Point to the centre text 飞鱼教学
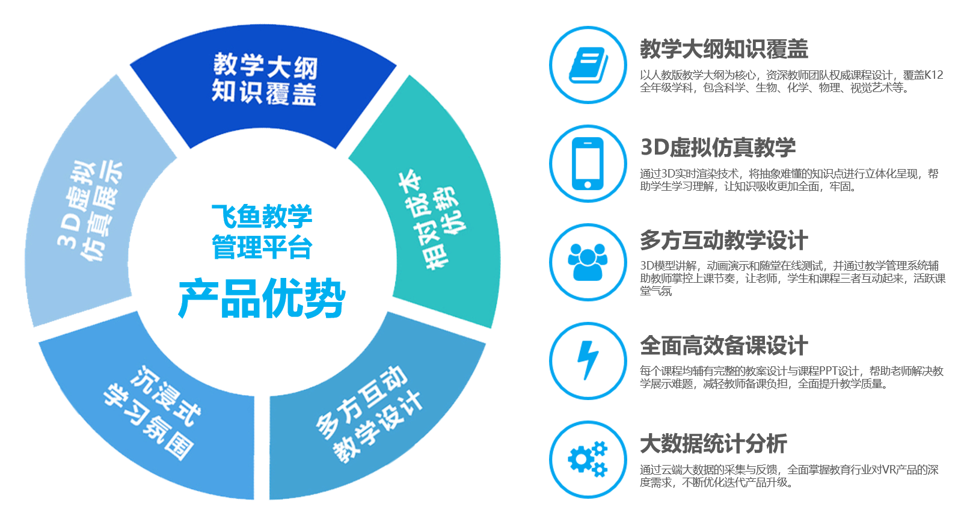[x=262, y=216]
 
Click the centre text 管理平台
[x=262, y=247]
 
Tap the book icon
[x=588, y=65]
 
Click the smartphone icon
[x=588, y=164]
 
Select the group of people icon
[x=588, y=262]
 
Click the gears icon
[x=588, y=459]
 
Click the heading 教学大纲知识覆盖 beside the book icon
[x=724, y=49]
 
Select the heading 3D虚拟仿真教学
[x=718, y=147]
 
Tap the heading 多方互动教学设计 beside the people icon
[x=724, y=240]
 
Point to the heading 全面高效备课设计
[x=724, y=345]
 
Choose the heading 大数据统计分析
[x=714, y=443]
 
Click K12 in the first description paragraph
[x=933, y=75]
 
